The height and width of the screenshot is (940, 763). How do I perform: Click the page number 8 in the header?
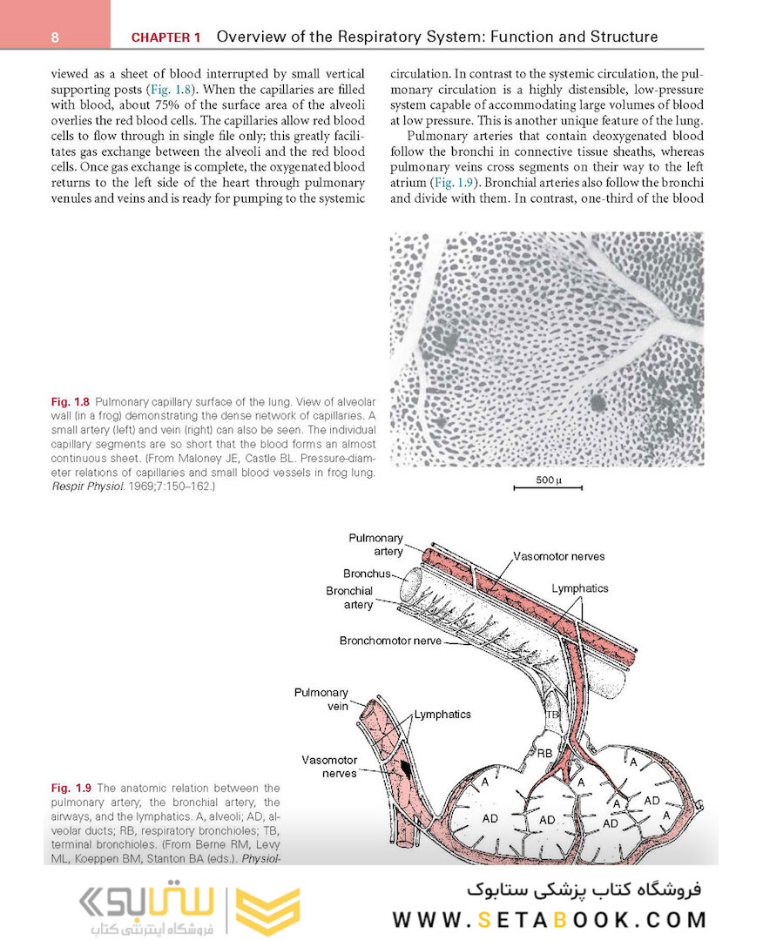point(54,37)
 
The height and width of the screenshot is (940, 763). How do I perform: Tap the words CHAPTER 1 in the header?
point(165,37)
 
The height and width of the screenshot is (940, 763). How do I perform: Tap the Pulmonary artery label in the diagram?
point(375,545)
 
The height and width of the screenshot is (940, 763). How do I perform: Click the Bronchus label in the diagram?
point(366,574)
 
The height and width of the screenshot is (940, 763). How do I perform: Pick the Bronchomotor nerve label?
point(390,641)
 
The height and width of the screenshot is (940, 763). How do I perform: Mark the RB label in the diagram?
point(544,754)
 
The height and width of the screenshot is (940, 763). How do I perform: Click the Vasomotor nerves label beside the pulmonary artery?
point(558,556)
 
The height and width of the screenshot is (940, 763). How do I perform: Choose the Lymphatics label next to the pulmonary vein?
point(442,715)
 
